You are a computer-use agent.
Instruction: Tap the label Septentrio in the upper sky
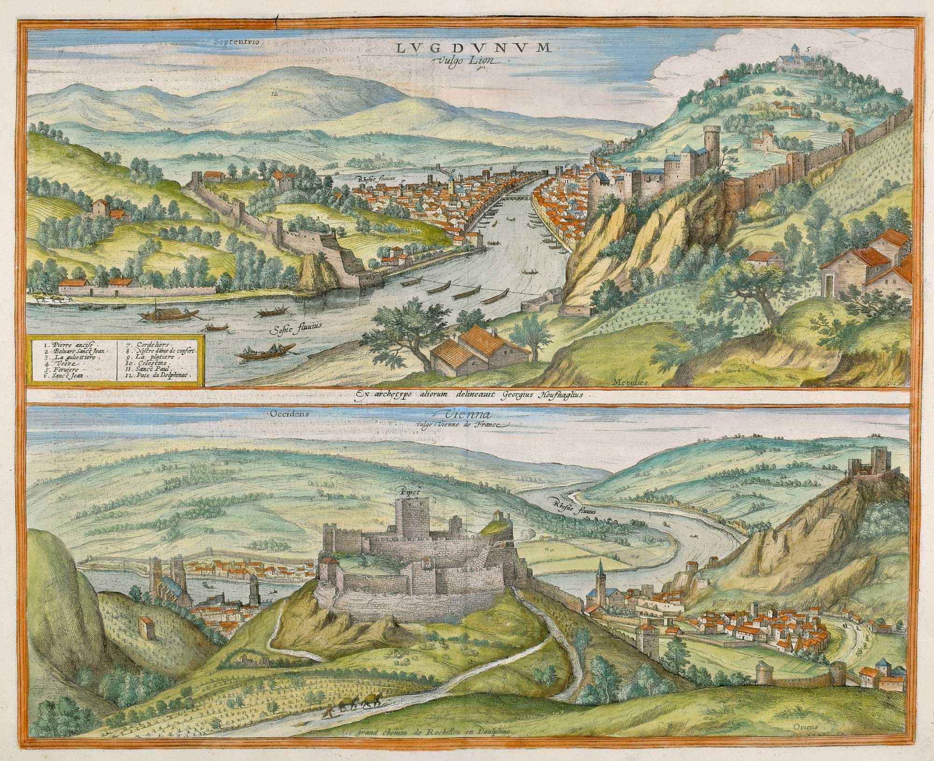(x=236, y=41)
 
